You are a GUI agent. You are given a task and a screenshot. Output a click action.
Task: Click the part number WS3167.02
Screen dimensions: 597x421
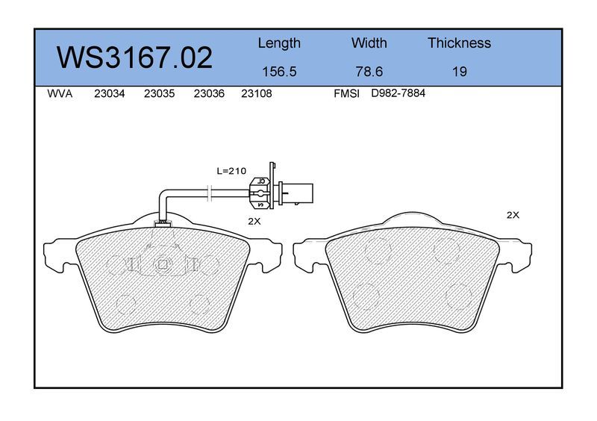coord(134,57)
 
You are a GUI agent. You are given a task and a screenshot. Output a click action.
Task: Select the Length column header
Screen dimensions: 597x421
coord(279,43)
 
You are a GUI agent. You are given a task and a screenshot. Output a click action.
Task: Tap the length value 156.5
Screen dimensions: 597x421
coord(279,71)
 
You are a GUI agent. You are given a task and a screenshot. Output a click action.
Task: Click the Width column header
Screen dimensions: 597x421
coord(369,43)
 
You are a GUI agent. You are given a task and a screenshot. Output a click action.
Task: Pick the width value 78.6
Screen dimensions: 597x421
coord(369,71)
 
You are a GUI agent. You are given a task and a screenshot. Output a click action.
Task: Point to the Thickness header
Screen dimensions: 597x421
coord(459,43)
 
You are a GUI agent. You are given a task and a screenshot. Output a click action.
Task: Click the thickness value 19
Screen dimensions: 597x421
coord(460,71)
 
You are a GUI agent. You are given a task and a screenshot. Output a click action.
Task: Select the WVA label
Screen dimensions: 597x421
coord(60,93)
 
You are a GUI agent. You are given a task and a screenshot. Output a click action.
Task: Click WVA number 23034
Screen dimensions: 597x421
coord(109,93)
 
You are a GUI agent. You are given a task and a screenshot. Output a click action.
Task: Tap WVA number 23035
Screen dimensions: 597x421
coord(159,93)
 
